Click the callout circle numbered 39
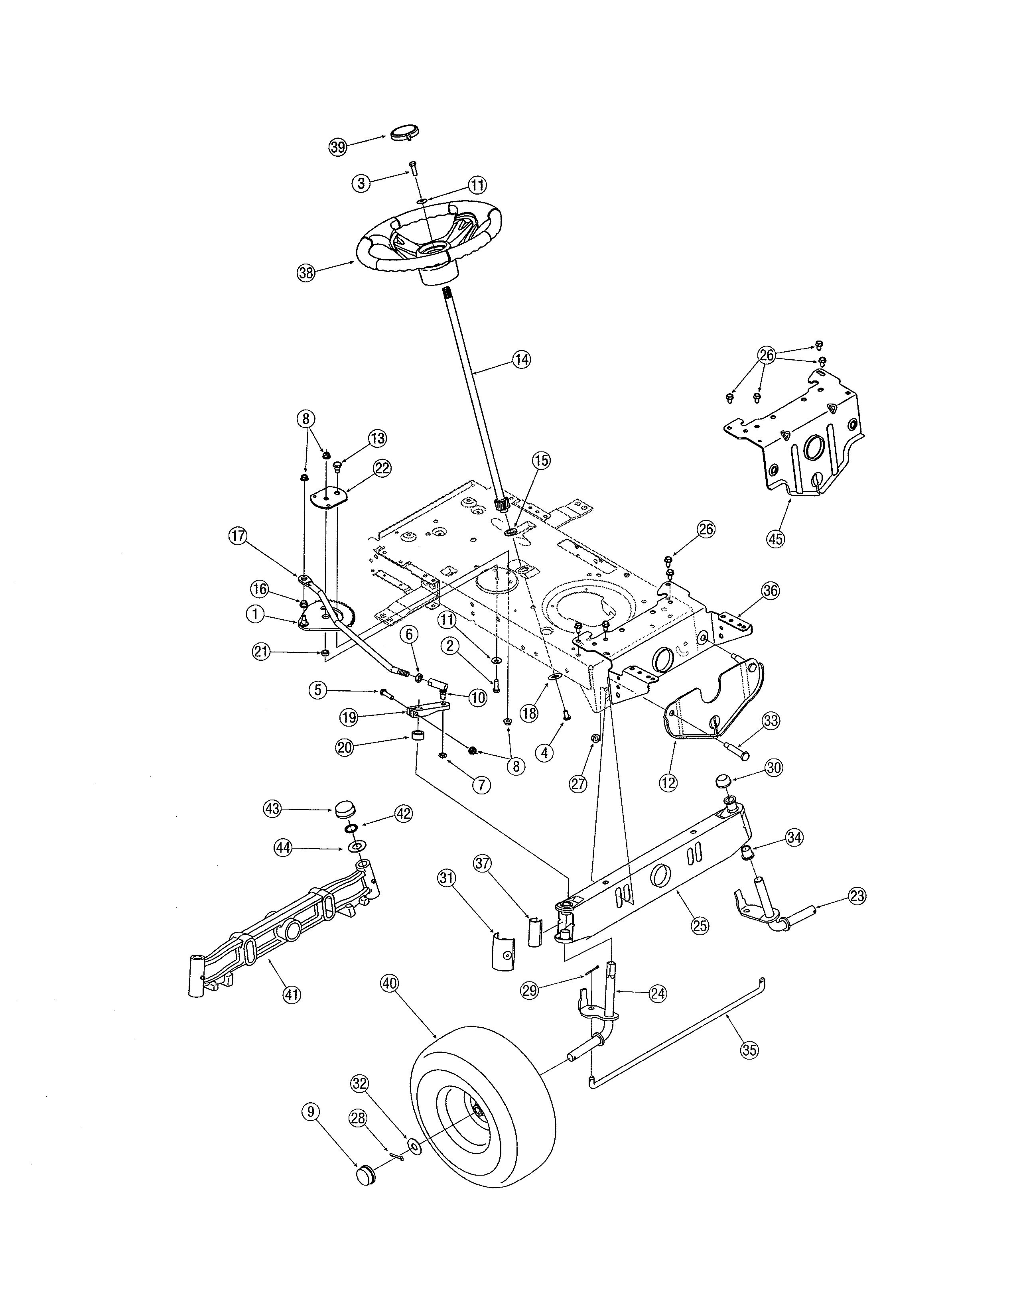pyautogui.click(x=338, y=147)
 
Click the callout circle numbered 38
pyautogui.click(x=307, y=272)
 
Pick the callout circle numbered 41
pyautogui.click(x=292, y=995)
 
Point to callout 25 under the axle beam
pyautogui.click(x=700, y=926)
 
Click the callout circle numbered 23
pyautogui.click(x=856, y=896)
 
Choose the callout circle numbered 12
pyautogui.click(x=668, y=783)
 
